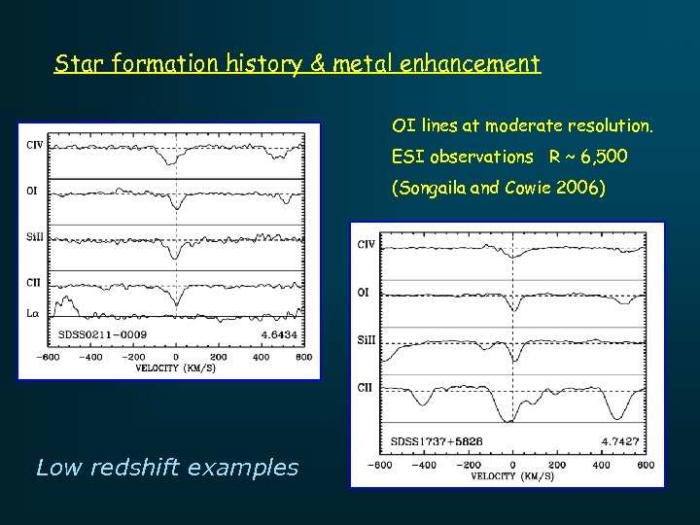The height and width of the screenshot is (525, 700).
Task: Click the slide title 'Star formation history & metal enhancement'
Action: (297, 65)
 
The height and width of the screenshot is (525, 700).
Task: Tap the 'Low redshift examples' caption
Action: (166, 468)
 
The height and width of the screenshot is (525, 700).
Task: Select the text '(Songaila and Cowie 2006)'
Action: (498, 189)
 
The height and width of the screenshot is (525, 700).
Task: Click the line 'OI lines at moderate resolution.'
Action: (523, 125)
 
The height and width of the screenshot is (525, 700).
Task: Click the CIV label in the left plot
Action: (34, 146)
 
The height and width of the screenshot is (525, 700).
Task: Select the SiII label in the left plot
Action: (34, 236)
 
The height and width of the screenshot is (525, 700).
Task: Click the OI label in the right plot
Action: (364, 292)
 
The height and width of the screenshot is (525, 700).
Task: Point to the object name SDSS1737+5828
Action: (437, 441)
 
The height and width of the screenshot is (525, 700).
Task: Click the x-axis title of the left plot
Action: (175, 367)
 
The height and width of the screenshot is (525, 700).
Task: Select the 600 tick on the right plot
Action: (646, 465)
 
